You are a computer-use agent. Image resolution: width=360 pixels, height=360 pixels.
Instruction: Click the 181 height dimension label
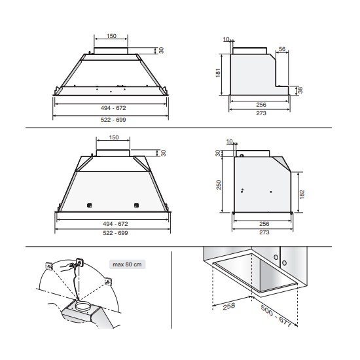tap(219, 73)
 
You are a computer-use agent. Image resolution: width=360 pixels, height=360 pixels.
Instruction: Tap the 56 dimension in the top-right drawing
tap(282, 49)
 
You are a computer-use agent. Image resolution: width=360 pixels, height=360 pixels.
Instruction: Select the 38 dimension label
tap(300, 90)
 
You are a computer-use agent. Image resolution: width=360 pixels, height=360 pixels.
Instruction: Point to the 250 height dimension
tap(219, 185)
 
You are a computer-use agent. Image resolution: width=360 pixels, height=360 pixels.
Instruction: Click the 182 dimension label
tap(302, 194)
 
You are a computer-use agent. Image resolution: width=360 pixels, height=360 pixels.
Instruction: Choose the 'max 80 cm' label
tap(127, 264)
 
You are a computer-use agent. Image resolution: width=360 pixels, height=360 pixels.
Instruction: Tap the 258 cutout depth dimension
tap(229, 306)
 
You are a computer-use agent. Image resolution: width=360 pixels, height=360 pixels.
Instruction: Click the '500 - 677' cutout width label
tap(276, 316)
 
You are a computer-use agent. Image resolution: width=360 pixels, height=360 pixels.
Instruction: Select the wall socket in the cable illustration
tap(80, 262)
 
